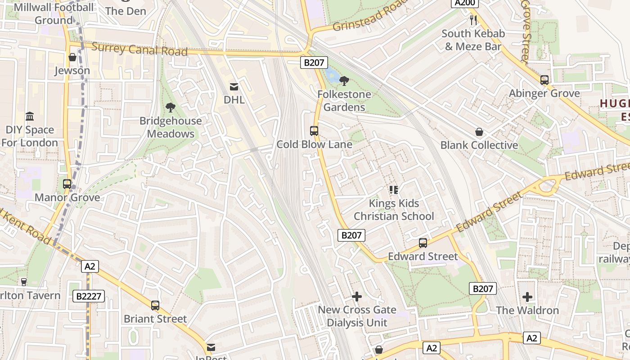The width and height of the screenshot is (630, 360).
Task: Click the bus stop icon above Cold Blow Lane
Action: tap(314, 131)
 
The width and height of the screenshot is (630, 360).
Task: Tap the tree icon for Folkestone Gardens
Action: tap(344, 81)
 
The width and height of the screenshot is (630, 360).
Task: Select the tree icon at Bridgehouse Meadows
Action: tap(171, 107)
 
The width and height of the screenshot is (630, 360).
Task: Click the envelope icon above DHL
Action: tap(234, 86)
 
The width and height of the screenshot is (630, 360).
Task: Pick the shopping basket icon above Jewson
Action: tap(72, 57)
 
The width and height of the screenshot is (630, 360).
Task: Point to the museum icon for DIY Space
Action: tap(30, 117)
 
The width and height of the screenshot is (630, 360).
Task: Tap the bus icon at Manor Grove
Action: tap(67, 184)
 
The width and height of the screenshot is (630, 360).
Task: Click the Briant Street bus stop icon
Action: tap(155, 306)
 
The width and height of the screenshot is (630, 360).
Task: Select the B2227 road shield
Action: tap(89, 296)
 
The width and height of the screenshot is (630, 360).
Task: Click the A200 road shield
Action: tap(464, 3)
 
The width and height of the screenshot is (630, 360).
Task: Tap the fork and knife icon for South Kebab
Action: tap(473, 20)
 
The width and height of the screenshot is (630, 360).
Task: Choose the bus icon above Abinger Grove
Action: tap(544, 80)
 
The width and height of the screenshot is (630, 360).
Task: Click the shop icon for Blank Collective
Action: tap(479, 132)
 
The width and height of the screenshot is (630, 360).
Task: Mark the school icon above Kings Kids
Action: tap(394, 190)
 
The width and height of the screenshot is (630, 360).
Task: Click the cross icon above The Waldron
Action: tap(527, 297)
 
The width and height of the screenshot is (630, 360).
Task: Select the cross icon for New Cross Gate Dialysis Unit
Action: tap(357, 297)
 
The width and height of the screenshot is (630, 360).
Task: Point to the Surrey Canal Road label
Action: tap(139, 49)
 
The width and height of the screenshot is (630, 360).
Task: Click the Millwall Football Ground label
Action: tap(54, 13)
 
